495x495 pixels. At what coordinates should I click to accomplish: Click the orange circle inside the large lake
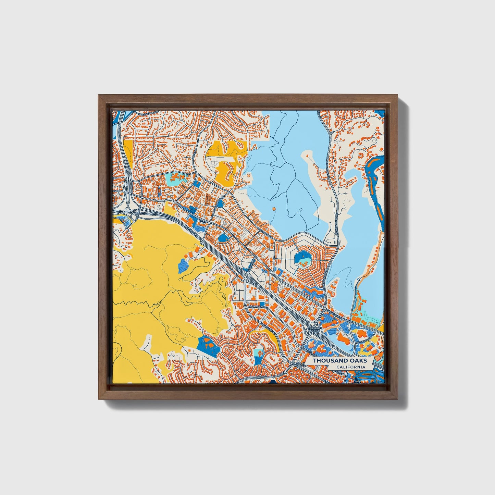[273, 208]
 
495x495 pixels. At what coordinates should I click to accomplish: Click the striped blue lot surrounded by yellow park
[183, 265]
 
